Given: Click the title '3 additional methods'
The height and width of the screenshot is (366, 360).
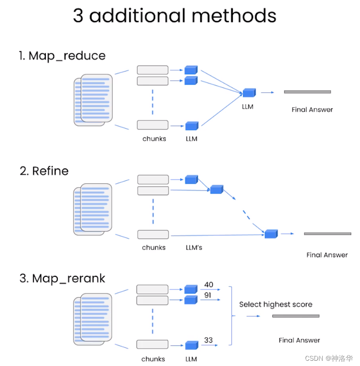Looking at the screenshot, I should [x=175, y=15].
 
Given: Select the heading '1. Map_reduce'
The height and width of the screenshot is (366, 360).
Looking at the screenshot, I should [x=63, y=56].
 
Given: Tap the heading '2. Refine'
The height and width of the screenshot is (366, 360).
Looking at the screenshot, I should [x=44, y=171].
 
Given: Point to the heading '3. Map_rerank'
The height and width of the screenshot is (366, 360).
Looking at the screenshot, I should [x=63, y=278].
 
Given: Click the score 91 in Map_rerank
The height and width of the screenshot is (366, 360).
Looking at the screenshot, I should [x=208, y=295].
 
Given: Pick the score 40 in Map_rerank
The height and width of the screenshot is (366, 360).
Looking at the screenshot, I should [x=209, y=285].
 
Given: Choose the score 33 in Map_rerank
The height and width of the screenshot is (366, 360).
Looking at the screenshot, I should [x=208, y=340].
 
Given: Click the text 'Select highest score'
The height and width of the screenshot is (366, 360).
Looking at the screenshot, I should [x=275, y=304].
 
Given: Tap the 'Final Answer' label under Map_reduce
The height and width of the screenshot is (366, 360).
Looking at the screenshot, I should [x=312, y=110].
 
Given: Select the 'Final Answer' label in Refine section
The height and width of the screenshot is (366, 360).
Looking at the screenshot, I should [x=327, y=255].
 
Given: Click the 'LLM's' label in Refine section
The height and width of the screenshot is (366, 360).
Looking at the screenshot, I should [x=194, y=248].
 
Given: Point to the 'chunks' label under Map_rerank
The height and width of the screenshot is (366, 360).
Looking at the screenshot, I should [x=153, y=359].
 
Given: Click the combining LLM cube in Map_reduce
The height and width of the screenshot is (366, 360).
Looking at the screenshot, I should [x=249, y=93].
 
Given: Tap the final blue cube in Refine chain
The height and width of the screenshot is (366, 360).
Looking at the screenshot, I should [x=271, y=233].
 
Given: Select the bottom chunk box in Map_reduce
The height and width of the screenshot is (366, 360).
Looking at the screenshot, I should [x=153, y=125].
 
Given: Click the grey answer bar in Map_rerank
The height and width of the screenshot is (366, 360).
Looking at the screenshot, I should [x=296, y=316].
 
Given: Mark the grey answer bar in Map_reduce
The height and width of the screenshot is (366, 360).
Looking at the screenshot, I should [x=307, y=92].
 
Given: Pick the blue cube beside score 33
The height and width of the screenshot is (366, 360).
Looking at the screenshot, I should [x=191, y=345].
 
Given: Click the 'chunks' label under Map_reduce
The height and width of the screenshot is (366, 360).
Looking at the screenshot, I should [x=154, y=139].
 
